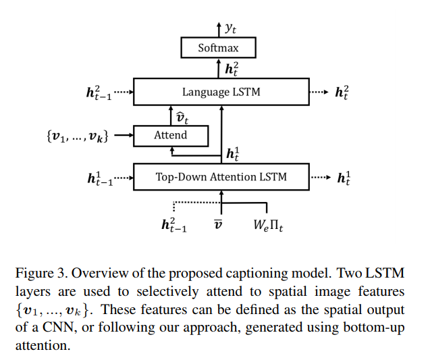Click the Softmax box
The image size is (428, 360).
pos(219,48)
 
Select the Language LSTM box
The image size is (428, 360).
pos(221,92)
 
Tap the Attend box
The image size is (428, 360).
pos(170,135)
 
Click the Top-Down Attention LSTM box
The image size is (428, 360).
pos(221,177)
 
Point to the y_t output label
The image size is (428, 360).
pos(230,28)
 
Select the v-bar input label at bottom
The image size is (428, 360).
pos(218,224)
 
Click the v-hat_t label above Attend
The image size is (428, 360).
pos(182,116)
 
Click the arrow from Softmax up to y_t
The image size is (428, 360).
pos(219,30)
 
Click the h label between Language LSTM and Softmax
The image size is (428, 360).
pos(231,68)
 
